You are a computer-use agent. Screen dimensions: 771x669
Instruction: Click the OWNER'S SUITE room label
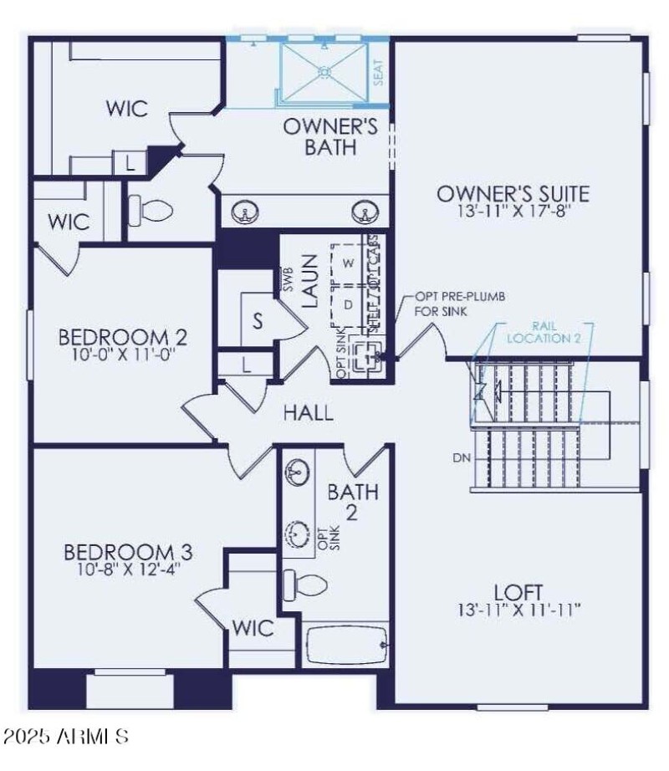coord(513,194)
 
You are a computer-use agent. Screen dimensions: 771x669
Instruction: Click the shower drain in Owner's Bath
coord(323,73)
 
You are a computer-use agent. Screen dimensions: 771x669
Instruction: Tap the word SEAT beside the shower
coord(378,72)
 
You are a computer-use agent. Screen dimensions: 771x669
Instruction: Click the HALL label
coord(308,411)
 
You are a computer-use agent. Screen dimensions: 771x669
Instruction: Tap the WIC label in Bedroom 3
coord(253,628)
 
